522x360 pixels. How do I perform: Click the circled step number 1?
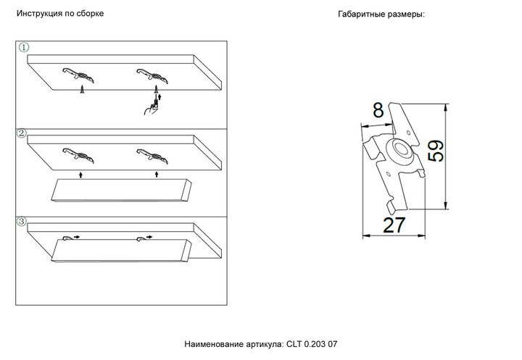[23, 47]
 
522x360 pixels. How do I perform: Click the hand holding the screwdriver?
[152, 106]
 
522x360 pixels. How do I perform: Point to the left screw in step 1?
[83, 88]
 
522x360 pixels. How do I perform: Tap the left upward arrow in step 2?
[82, 174]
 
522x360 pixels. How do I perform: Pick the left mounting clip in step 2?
[78, 154]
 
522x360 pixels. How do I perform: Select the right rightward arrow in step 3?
[149, 236]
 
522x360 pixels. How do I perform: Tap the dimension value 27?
[394, 225]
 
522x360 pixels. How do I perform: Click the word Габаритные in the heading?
[362, 14]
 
